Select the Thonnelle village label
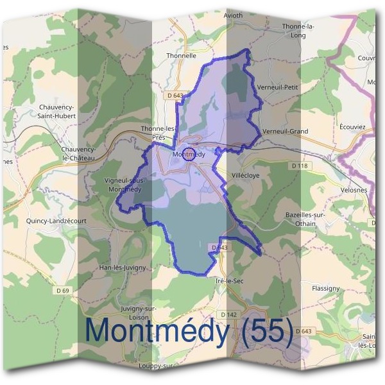[181, 56]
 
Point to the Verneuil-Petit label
[277, 86]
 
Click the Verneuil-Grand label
[285, 131]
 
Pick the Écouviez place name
[352, 127]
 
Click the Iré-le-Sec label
[229, 281]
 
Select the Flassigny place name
[325, 288]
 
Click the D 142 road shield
[228, 314]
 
